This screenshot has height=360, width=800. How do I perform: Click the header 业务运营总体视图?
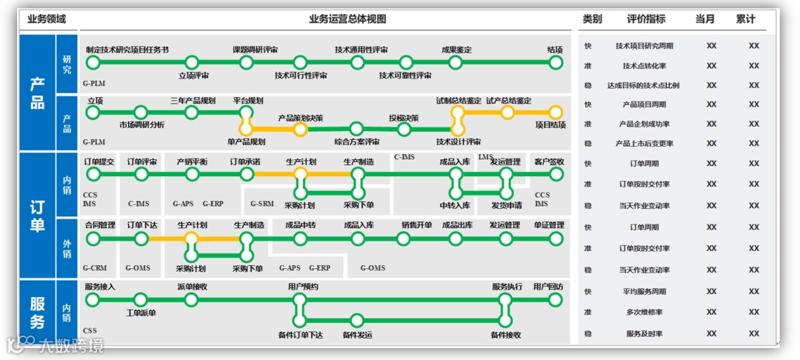click(x=347, y=19)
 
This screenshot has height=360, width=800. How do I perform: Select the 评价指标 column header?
click(x=646, y=19)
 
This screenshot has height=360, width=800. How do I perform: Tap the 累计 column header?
click(x=746, y=19)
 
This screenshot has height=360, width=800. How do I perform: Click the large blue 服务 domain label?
click(x=37, y=312)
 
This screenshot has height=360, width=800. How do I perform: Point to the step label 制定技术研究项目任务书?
click(x=127, y=50)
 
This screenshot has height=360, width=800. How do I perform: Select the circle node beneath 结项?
click(x=556, y=62)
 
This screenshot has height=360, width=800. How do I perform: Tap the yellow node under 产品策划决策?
click(x=300, y=129)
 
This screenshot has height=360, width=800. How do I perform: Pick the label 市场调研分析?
click(x=141, y=125)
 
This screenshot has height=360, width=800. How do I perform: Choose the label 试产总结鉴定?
click(x=508, y=101)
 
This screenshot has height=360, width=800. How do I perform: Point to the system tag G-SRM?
click(x=261, y=203)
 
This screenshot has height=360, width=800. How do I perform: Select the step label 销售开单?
click(x=416, y=225)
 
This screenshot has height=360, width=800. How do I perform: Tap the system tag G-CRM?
click(x=95, y=268)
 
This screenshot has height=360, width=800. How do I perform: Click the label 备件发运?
click(x=357, y=335)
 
